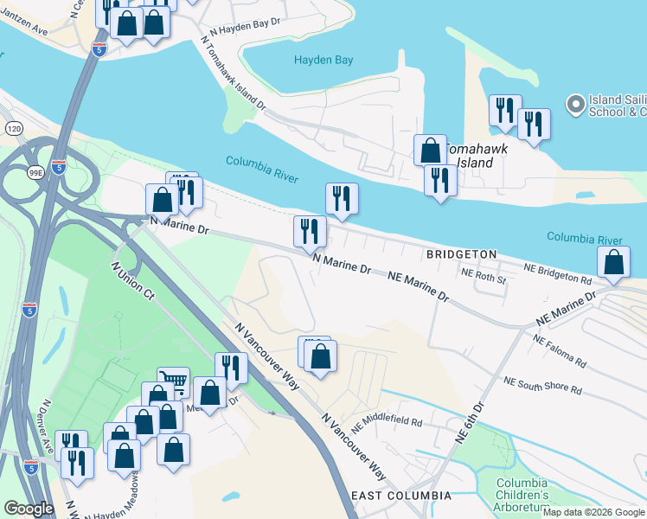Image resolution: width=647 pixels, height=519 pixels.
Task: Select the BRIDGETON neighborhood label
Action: click(x=461, y=254)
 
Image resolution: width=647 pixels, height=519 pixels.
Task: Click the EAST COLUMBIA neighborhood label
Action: click(x=400, y=496)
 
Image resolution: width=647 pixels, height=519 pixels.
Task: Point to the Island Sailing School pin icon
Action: click(x=575, y=106)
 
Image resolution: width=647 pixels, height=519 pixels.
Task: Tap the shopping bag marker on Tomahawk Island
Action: click(x=430, y=150)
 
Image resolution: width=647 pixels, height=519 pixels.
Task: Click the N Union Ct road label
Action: click(x=132, y=282)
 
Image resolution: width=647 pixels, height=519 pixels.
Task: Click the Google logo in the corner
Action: click(x=29, y=509)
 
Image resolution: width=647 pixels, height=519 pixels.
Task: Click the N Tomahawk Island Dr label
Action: click(x=234, y=72)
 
